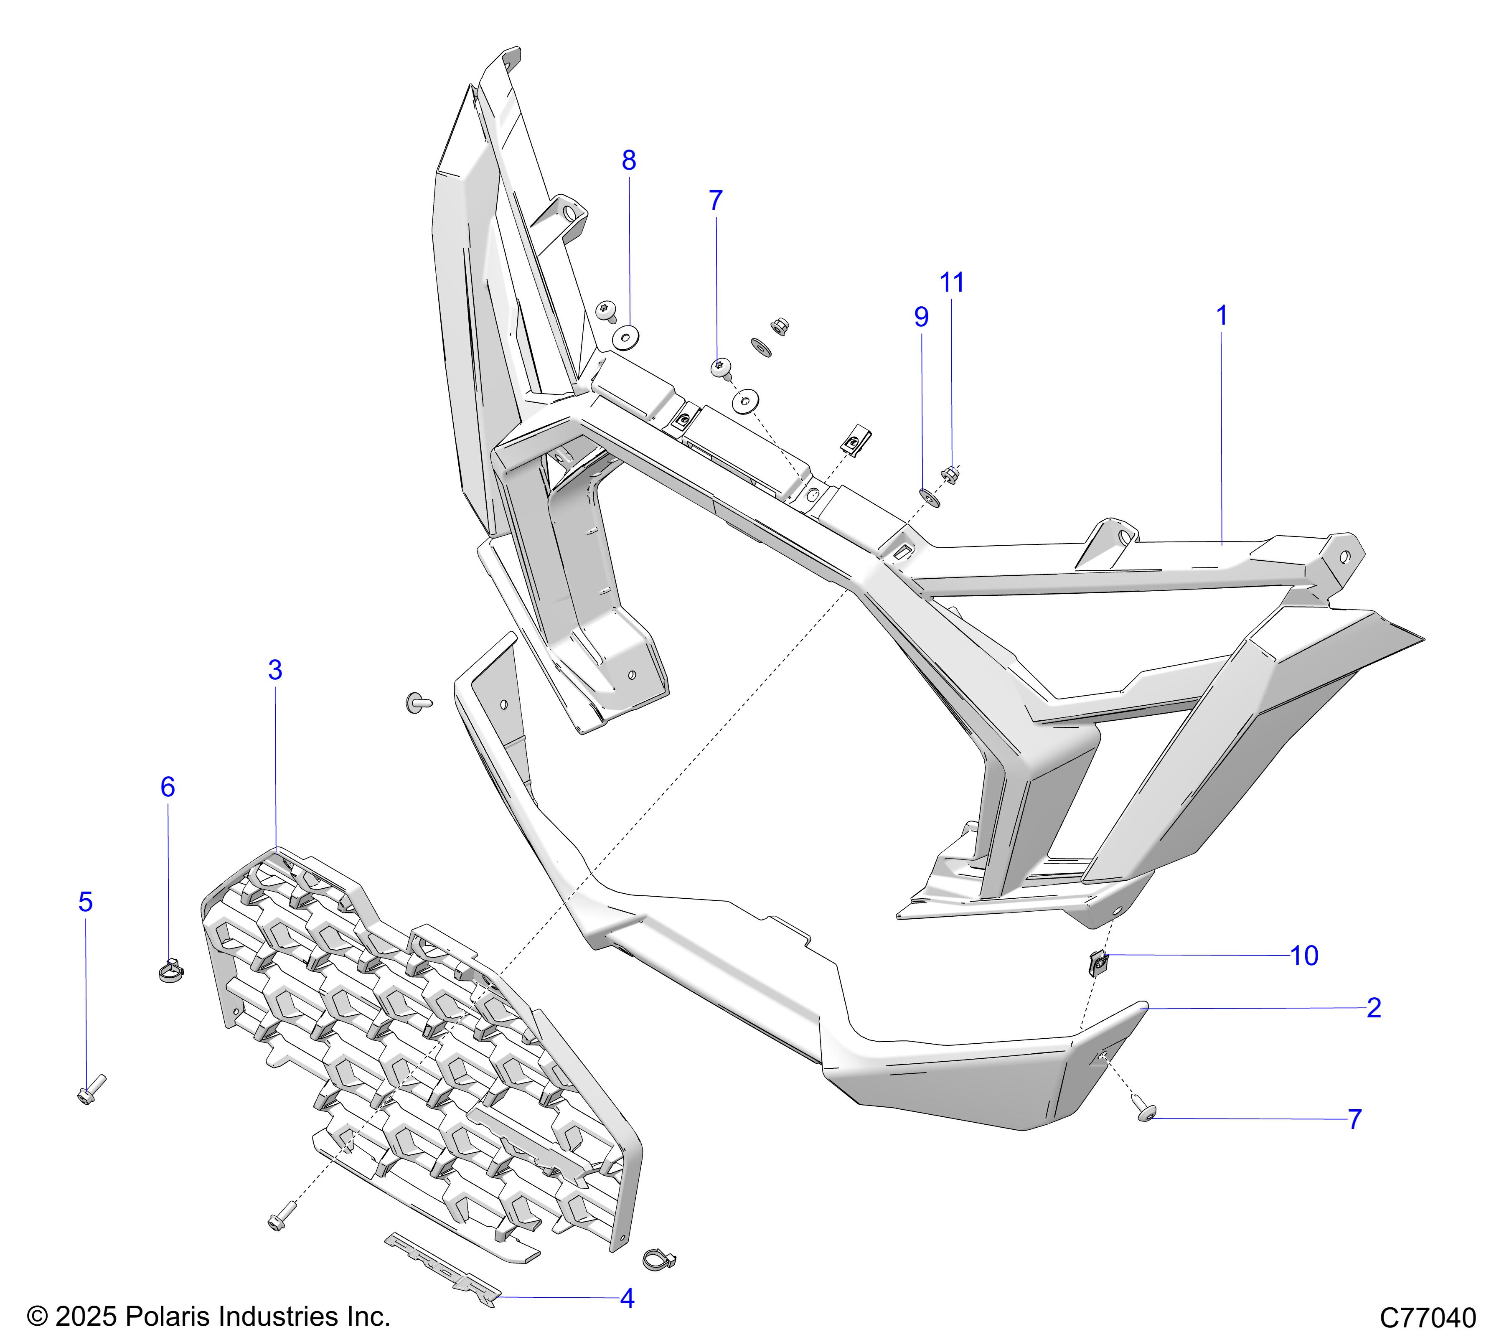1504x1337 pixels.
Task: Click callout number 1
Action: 1222,316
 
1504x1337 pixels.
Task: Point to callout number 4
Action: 627,1298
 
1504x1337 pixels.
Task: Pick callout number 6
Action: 168,787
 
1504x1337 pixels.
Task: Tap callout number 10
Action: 1305,956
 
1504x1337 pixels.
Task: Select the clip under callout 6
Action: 171,971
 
